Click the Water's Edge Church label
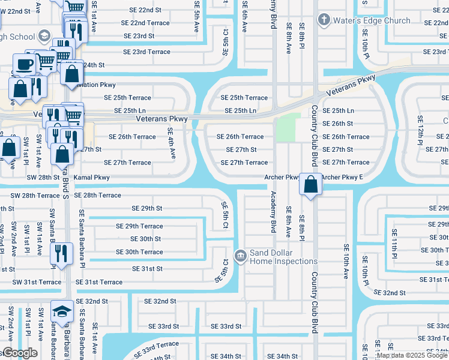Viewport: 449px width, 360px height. coord(372,20)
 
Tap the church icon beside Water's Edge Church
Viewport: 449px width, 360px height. coord(324,20)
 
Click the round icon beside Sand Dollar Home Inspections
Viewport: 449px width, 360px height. coord(240,257)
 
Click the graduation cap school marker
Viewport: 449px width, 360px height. coord(62,311)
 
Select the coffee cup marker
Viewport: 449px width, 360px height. coord(24,64)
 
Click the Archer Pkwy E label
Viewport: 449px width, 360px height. coord(343,178)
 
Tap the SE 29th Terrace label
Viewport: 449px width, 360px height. coord(139,226)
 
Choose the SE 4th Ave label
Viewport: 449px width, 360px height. coord(171,143)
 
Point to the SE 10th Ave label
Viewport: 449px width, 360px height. coord(346,260)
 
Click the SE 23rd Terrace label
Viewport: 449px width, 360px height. coord(146,52)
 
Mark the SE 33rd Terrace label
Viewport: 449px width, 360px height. coord(155,348)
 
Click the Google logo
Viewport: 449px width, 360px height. coord(19,353)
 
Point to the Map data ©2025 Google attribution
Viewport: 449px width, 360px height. coord(411,355)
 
